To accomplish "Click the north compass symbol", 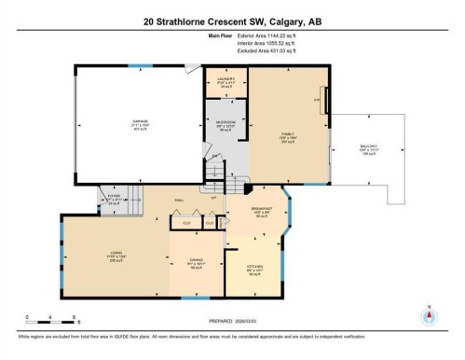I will (428, 314).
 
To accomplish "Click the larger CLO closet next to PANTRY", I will (186, 223).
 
